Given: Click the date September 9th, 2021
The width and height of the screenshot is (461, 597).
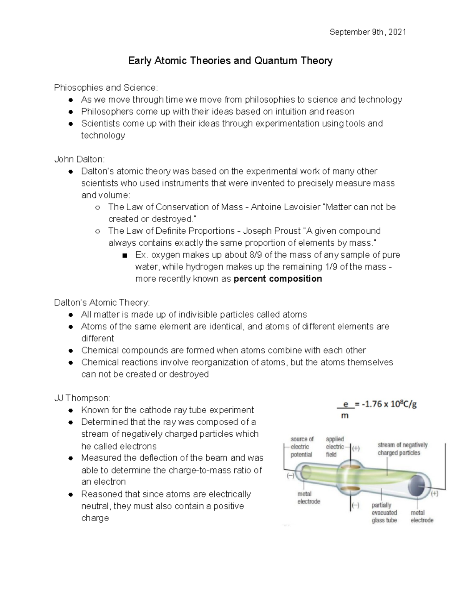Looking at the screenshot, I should pos(368,32).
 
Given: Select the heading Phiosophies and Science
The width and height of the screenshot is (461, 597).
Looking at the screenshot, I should pos(106,88).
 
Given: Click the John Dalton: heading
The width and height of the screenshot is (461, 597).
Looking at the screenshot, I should pos(79,159).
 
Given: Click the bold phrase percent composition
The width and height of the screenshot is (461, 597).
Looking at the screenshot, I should pos(278,279).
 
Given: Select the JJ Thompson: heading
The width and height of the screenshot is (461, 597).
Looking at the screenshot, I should pos(82,398).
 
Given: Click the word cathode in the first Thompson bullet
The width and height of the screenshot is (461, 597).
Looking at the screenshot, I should pos(154,410).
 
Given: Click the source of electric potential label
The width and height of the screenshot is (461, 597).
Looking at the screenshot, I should pos(302,447).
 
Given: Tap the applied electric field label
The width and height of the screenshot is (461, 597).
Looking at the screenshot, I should pos(335,447).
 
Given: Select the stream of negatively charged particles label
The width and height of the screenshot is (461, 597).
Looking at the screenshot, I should pos(402,449).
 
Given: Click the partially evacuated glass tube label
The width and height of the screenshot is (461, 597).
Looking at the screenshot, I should pos(384,512).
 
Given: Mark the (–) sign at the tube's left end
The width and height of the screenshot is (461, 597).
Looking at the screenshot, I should pos(290,476).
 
